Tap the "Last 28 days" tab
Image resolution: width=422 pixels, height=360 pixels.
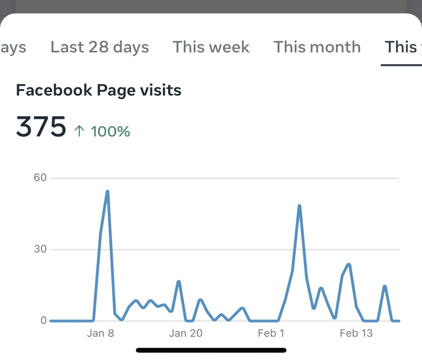[x=99, y=47]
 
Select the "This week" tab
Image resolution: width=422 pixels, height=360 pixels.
[x=211, y=47]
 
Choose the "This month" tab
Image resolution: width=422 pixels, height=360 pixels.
[x=317, y=47]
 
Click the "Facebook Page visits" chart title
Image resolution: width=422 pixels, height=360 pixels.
[x=98, y=90]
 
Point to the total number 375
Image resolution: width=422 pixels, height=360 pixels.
[x=41, y=126]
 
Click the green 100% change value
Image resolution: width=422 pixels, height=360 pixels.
[x=110, y=132]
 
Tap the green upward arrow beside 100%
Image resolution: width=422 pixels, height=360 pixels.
[x=79, y=132]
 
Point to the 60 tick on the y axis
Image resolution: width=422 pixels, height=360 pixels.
[x=41, y=178]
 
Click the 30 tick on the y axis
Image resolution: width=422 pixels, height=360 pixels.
[x=41, y=249]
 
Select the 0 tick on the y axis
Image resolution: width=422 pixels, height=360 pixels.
[x=43, y=320]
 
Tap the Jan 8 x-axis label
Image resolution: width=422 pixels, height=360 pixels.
[x=100, y=333]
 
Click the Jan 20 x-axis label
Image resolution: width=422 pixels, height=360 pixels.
[x=186, y=333]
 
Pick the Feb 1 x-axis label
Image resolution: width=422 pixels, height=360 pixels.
[x=271, y=333]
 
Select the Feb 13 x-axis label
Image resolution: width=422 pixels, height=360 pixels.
[x=356, y=333]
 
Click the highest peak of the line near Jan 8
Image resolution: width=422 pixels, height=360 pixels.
[x=107, y=192]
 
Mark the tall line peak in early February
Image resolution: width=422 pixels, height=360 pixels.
[x=299, y=206]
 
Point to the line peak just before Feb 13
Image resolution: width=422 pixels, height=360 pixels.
[x=349, y=264]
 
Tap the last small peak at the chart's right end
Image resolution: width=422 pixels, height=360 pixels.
[x=384, y=286]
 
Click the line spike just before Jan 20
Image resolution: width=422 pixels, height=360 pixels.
[x=178, y=281]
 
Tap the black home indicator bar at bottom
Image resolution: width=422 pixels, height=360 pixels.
[x=211, y=351]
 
